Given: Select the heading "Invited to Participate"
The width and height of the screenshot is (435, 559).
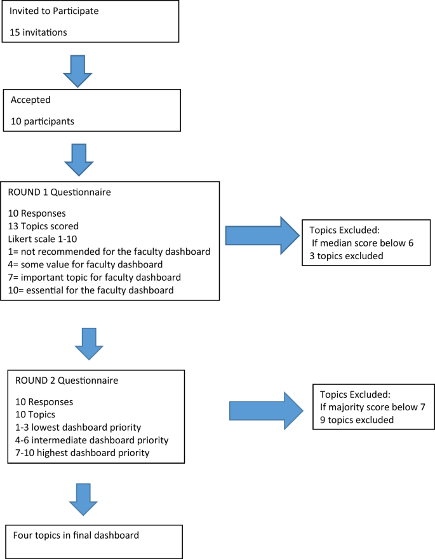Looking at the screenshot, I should pyautogui.click(x=54, y=11).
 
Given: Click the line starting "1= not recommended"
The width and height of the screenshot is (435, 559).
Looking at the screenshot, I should pyautogui.click(x=109, y=252).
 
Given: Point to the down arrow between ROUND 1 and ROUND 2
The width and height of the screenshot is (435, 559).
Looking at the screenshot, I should pyautogui.click(x=88, y=343).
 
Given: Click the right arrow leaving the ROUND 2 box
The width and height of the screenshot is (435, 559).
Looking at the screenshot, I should pyautogui.click(x=265, y=410).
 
